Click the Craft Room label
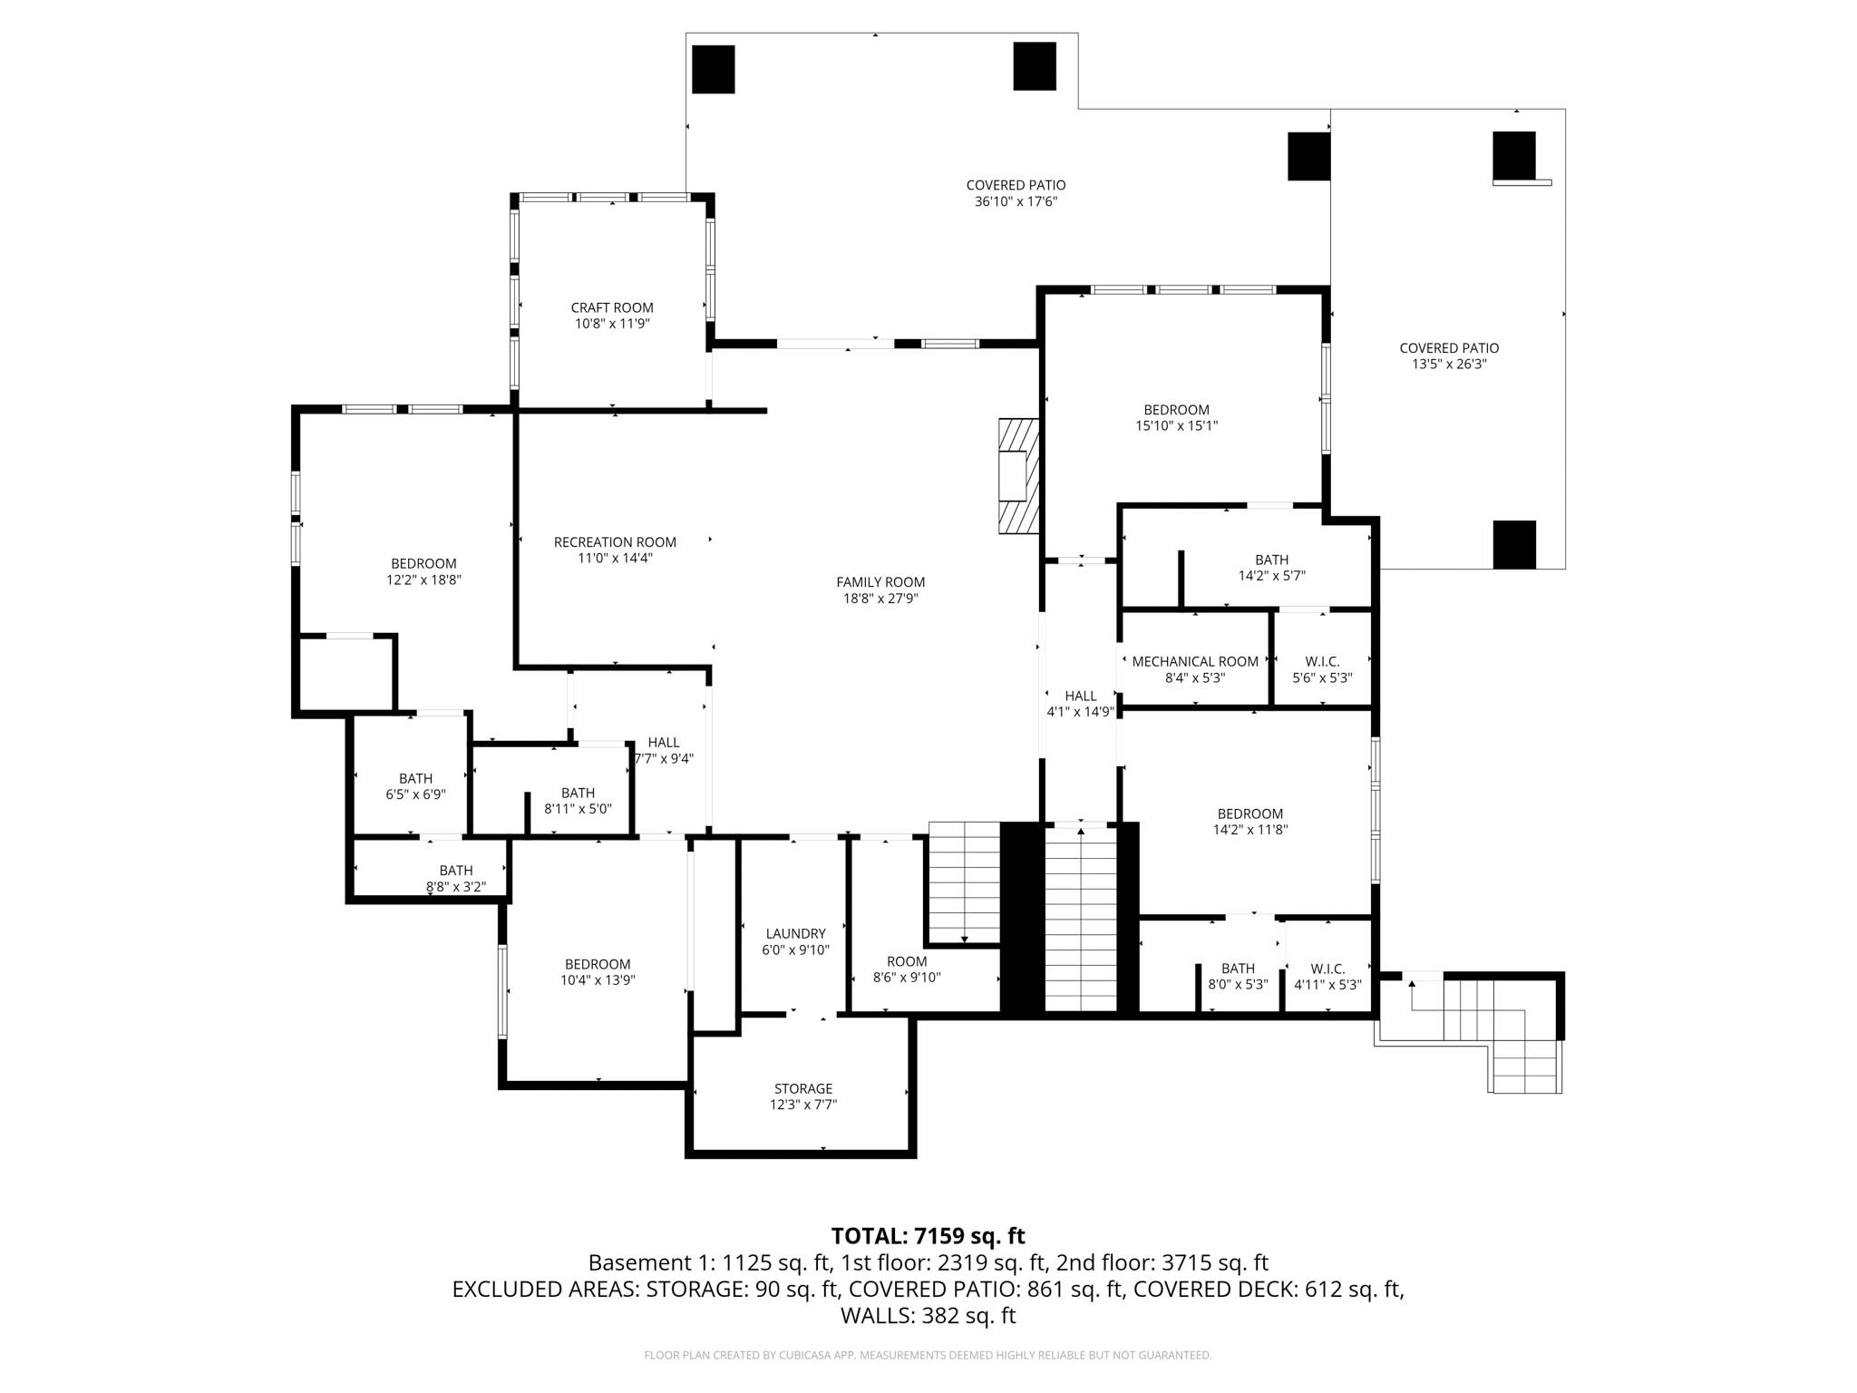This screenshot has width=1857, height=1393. (x=612, y=308)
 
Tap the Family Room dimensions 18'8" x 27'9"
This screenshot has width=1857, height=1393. (x=880, y=599)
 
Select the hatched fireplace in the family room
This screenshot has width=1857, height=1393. (x=1018, y=475)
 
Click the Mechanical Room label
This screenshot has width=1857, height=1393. (x=1194, y=662)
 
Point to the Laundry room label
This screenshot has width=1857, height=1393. (x=795, y=934)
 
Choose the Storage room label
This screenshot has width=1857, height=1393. (x=802, y=1088)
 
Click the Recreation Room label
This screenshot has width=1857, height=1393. (x=615, y=542)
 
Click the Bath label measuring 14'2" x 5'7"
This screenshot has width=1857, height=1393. (x=1271, y=560)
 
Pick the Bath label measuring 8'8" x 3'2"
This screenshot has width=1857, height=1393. (x=456, y=871)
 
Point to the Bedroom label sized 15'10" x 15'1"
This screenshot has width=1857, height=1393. (x=1176, y=410)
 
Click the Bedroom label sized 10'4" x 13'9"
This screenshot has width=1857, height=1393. (x=597, y=964)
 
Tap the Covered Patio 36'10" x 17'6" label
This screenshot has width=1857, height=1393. (x=1016, y=186)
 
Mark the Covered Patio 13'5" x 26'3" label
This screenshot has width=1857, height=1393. (x=1448, y=348)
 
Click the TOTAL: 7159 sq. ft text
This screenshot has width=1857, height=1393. (x=928, y=1236)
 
